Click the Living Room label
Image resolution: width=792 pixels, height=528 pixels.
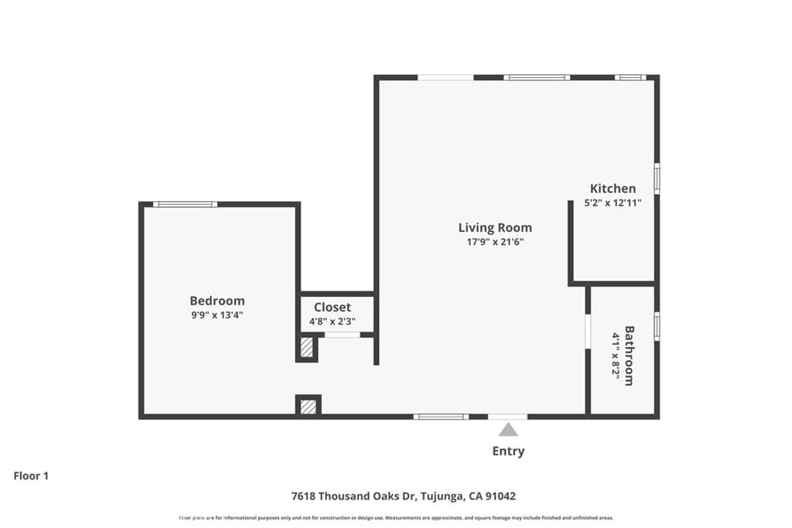coord(495,227)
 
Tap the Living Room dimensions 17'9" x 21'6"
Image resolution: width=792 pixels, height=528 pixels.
coord(495,242)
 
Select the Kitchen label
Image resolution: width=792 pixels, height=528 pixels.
coord(613,189)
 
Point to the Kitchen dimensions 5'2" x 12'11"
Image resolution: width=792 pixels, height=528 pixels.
coord(613,203)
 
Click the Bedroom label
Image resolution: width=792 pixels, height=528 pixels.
coord(217,301)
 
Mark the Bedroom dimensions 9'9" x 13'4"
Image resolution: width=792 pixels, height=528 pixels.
coord(217,315)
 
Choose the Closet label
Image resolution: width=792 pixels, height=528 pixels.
coord(332,307)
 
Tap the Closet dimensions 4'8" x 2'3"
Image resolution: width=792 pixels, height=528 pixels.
coord(332,322)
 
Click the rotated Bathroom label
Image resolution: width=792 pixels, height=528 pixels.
coord(630,356)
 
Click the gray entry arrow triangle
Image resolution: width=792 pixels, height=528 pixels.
coord(508,430)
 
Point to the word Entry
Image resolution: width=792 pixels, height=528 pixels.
coord(508,451)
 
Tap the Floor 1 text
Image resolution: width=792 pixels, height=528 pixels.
coord(31,476)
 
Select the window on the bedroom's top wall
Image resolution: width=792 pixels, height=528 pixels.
coord(185,204)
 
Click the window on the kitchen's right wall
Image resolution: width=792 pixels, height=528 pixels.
coord(657,178)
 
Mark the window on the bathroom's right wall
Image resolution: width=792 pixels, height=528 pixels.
coord(657,326)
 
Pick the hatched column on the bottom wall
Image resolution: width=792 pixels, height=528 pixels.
coord(308,406)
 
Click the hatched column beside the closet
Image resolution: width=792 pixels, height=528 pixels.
coord(307,348)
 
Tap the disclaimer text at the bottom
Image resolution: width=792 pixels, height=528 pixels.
coord(396,518)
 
